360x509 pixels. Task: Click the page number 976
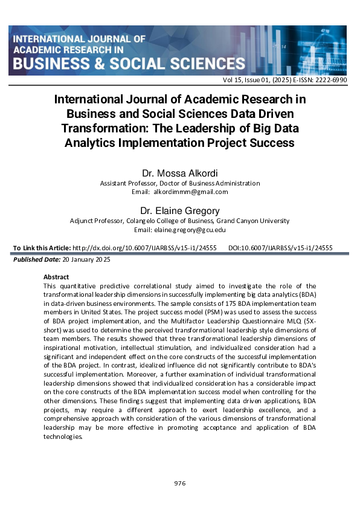[179, 483]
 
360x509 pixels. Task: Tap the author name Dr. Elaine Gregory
[179, 212]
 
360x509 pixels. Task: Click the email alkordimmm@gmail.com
[190, 192]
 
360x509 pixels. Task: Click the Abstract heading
[57, 276]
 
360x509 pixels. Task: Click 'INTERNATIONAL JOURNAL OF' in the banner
[79, 38]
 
